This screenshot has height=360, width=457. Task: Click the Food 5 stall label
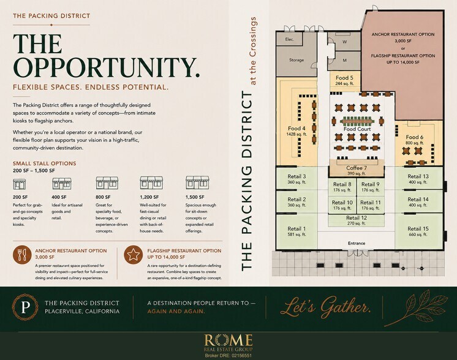[344, 78]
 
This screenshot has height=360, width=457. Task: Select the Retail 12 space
[357, 220]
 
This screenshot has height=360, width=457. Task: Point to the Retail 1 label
[296, 228]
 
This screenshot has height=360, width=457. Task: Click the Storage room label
[296, 60]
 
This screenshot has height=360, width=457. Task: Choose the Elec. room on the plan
[289, 39]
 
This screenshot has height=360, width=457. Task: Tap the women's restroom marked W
[344, 42]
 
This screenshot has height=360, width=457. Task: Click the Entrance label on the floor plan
[357, 243]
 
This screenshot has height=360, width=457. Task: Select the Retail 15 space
[418, 231]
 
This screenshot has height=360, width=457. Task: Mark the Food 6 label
[415, 137]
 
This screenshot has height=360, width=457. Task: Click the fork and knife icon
[22, 254]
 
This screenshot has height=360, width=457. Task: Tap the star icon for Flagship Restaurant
[133, 254]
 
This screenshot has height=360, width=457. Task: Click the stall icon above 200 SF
[20, 184]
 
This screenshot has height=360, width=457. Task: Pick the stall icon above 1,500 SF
[197, 182]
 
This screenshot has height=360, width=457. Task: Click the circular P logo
[25, 307]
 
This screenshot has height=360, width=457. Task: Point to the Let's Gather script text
[325, 307]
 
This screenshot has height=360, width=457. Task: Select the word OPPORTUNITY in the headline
[106, 67]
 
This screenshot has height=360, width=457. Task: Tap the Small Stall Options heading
[44, 163]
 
